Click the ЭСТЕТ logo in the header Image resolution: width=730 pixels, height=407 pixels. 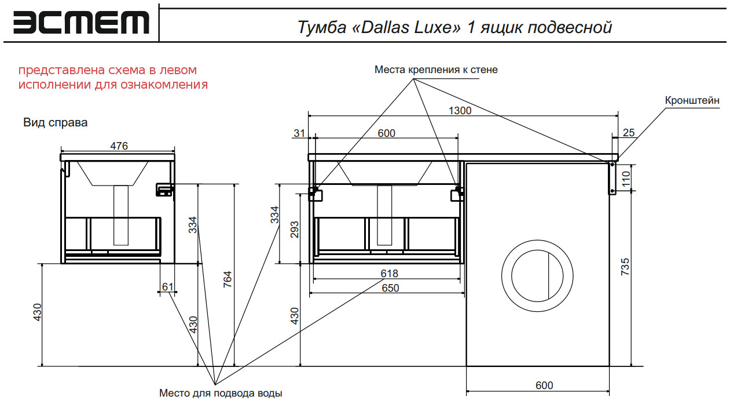tap(81, 23)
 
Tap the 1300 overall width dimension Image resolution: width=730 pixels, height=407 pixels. tap(460, 110)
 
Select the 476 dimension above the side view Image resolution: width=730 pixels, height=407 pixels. tap(119, 146)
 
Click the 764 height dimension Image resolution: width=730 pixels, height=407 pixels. tap(228, 281)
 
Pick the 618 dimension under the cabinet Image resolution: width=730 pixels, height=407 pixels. tap(389, 274)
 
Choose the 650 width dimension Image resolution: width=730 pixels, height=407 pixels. tap(390, 288)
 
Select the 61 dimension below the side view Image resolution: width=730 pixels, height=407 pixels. tap(168, 286)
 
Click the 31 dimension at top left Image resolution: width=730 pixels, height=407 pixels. tap(299, 133)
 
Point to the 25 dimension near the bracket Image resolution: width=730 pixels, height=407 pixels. tap(628, 133)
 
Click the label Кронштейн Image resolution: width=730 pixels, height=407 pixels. tap(692, 100)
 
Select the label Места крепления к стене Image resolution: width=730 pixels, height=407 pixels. tap(435, 70)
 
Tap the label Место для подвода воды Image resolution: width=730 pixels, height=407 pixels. tap(221, 394)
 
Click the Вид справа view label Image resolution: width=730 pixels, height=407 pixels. tap(55, 123)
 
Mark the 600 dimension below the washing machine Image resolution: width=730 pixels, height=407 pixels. tap(544, 386)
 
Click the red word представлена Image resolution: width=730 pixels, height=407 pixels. tap(63, 70)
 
